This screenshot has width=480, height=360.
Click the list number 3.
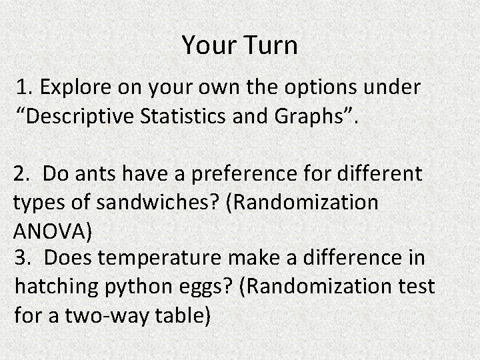(x=22, y=257)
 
